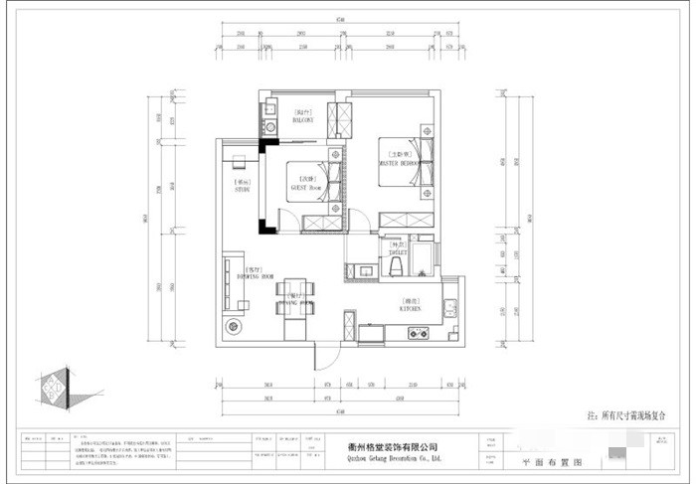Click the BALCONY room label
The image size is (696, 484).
pyautogui.click(x=304, y=117)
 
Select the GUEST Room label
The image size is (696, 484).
pyautogui.click(x=304, y=183)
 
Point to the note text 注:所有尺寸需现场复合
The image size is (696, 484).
pyautogui.click(x=628, y=417)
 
